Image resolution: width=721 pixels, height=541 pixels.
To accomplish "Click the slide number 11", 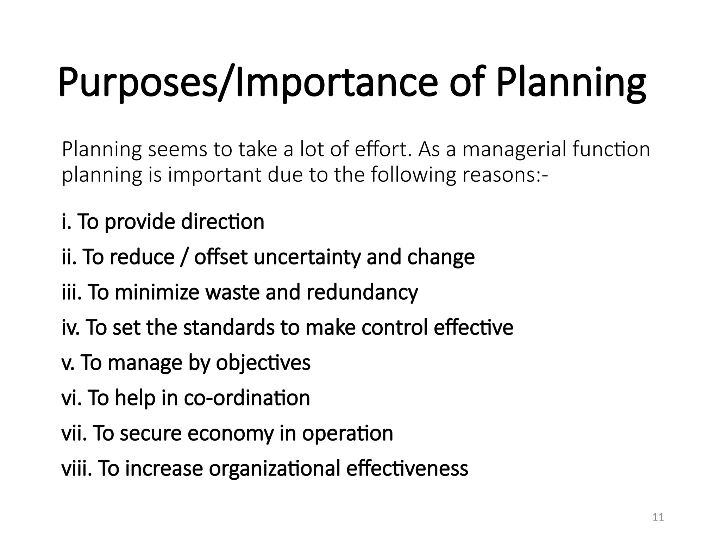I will pos(658,517).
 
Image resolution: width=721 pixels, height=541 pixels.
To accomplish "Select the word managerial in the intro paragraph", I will pos(514,149).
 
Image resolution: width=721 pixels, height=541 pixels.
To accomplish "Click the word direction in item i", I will pos(222,222).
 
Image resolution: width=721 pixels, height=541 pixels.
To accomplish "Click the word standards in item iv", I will pos(229,328).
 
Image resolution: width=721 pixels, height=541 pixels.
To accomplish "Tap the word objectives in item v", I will pos(263,363).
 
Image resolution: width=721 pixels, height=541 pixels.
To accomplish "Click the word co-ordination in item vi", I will pos(247,398).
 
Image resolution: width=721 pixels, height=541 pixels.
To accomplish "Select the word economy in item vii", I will pos(231,433).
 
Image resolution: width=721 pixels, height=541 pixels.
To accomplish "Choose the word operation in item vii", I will pos(347,433).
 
